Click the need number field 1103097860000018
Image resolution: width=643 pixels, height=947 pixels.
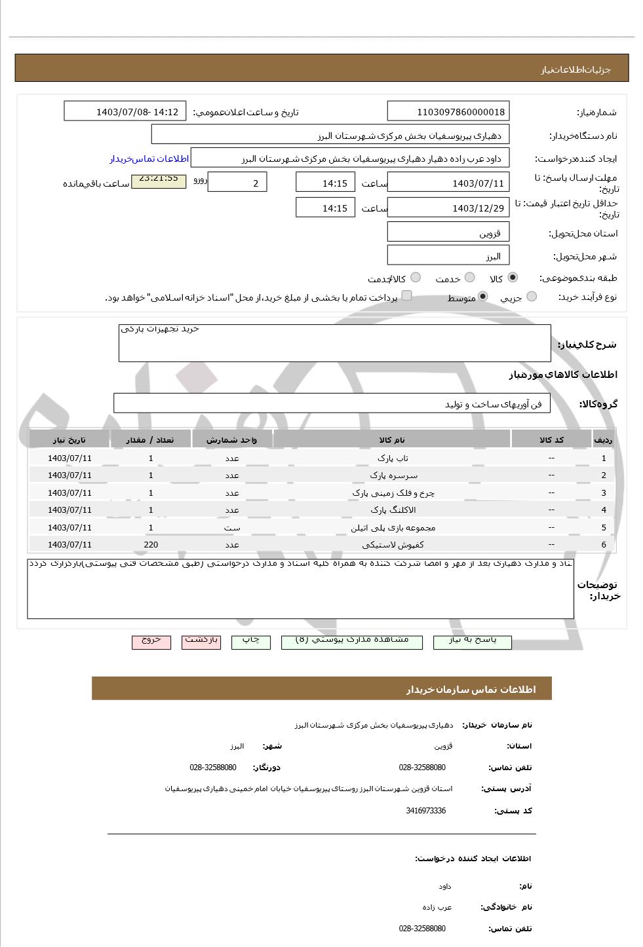coord(448,111)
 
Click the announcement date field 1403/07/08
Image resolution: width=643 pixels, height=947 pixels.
coord(125,111)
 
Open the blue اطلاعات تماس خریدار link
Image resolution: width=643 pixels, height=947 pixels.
coord(149,158)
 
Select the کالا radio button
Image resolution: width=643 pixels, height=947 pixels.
coord(512,278)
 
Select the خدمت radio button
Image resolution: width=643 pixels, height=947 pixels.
coord(469,278)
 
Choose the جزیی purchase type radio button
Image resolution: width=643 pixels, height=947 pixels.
coord(532,297)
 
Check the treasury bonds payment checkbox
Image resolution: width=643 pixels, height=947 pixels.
coord(407,296)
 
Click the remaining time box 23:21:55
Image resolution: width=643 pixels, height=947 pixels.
coord(159,179)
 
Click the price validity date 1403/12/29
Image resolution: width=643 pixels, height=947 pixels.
coord(448,208)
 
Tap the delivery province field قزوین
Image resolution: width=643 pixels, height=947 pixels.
coord(448,232)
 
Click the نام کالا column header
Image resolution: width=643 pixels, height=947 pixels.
coord(392,439)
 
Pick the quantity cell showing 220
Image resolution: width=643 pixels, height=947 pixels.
coord(151,544)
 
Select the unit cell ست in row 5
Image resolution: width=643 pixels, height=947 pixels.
coord(232,527)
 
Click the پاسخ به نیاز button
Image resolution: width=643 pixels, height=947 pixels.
coord(472,641)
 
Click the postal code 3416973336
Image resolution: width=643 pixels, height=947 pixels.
coord(425,811)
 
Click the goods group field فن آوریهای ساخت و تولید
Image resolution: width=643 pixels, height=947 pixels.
coord(332,403)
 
